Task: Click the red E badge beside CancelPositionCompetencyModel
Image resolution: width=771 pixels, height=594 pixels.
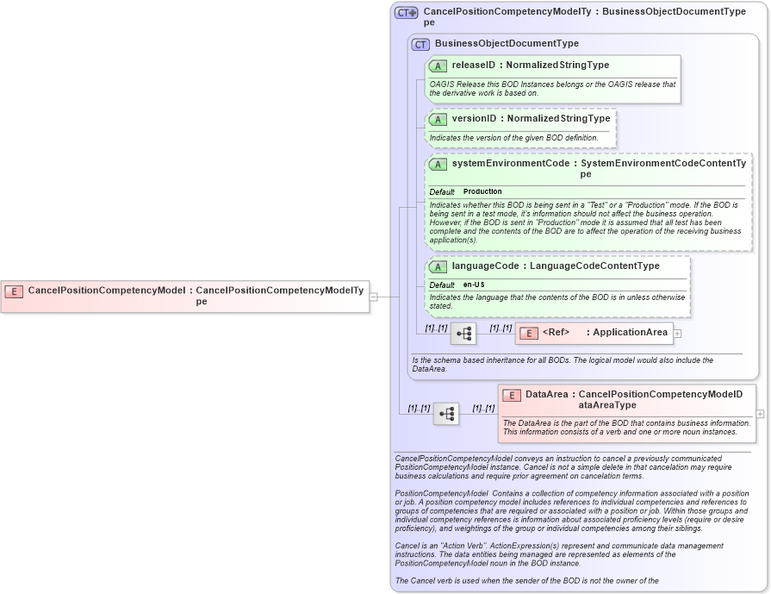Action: [14, 291]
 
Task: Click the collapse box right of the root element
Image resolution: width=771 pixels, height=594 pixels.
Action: [373, 297]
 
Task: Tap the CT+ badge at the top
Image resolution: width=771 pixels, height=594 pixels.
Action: [406, 13]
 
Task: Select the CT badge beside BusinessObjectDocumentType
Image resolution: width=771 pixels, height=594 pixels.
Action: [420, 44]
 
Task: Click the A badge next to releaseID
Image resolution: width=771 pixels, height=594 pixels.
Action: [438, 66]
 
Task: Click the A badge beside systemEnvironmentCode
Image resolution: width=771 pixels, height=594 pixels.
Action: [438, 164]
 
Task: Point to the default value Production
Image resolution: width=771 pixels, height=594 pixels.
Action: [482, 191]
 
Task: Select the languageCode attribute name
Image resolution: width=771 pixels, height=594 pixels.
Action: [485, 266]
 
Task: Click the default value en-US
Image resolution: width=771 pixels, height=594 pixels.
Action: [474, 284]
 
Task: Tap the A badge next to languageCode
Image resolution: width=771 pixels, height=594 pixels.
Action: [438, 266]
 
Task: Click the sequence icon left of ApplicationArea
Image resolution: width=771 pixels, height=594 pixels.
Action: [463, 333]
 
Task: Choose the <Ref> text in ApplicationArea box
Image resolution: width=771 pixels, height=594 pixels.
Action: [556, 333]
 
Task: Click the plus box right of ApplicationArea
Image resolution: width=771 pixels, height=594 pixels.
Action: [678, 333]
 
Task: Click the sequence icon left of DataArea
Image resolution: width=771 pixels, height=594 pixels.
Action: [446, 414]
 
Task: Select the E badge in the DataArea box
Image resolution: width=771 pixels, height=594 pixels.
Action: [512, 395]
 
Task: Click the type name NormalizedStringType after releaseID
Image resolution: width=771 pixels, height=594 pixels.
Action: [557, 66]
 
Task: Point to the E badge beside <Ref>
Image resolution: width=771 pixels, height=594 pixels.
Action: [529, 333]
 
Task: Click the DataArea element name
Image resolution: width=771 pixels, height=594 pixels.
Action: [546, 395]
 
